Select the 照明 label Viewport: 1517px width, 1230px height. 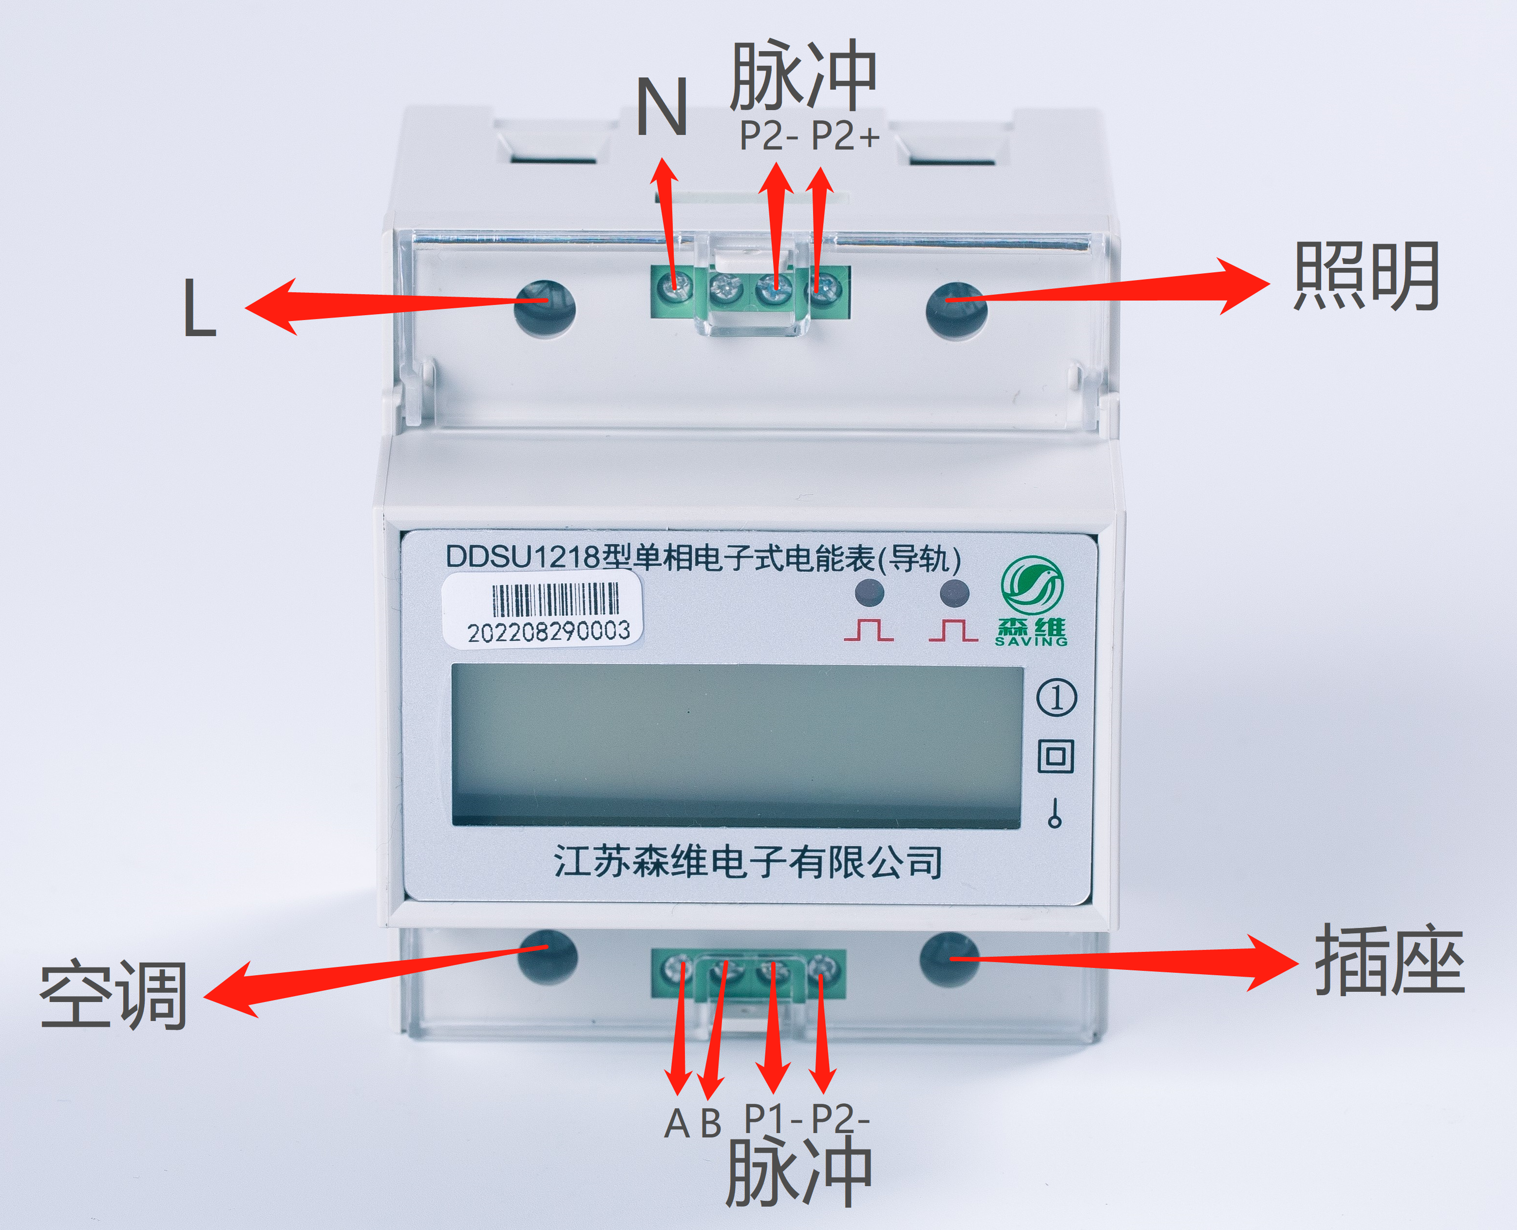pos(1366,276)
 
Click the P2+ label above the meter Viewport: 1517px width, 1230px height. pos(845,135)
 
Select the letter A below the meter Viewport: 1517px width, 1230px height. pos(677,1123)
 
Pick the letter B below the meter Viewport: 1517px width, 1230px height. pos(711,1123)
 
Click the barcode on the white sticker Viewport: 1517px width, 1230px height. pos(555,600)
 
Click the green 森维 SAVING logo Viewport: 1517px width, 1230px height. pos(1032,601)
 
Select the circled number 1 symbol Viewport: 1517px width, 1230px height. pos(1057,698)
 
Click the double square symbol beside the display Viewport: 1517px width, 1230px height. pos(1056,756)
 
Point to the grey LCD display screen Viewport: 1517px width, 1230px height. pos(737,745)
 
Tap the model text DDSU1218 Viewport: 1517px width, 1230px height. pos(523,557)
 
